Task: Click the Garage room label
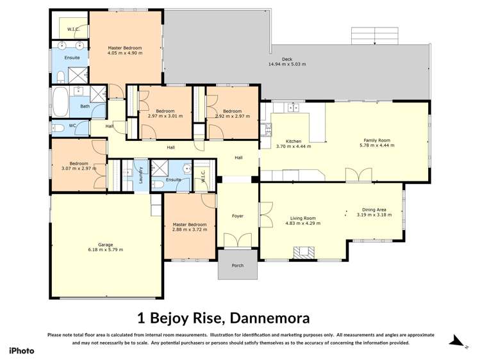pos(105,244)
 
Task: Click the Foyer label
pos(237,216)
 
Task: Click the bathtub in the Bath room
pos(59,101)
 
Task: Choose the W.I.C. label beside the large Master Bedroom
pos(72,28)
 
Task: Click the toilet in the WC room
pos(58,126)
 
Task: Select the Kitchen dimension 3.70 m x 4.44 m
pos(293,146)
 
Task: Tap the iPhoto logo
pos(21,350)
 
